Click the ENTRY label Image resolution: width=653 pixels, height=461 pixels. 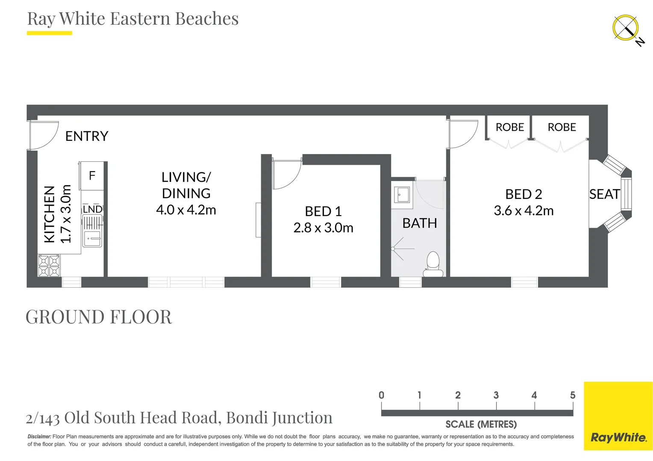(87, 136)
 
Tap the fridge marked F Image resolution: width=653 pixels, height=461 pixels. (92, 175)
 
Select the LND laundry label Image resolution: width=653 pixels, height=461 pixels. (92, 209)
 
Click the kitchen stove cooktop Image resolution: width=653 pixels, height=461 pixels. (49, 266)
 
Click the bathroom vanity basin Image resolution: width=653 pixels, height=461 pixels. (402, 195)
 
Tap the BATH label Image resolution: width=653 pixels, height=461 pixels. (420, 223)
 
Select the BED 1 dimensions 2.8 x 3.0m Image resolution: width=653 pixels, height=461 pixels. (323, 228)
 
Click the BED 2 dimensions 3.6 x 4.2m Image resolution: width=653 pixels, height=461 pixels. (524, 211)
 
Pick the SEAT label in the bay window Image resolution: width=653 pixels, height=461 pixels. (605, 194)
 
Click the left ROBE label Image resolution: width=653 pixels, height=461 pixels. (510, 127)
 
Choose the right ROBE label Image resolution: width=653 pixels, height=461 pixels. (562, 127)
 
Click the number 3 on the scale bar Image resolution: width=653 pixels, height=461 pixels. (496, 395)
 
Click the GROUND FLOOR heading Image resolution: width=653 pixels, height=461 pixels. (99, 317)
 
